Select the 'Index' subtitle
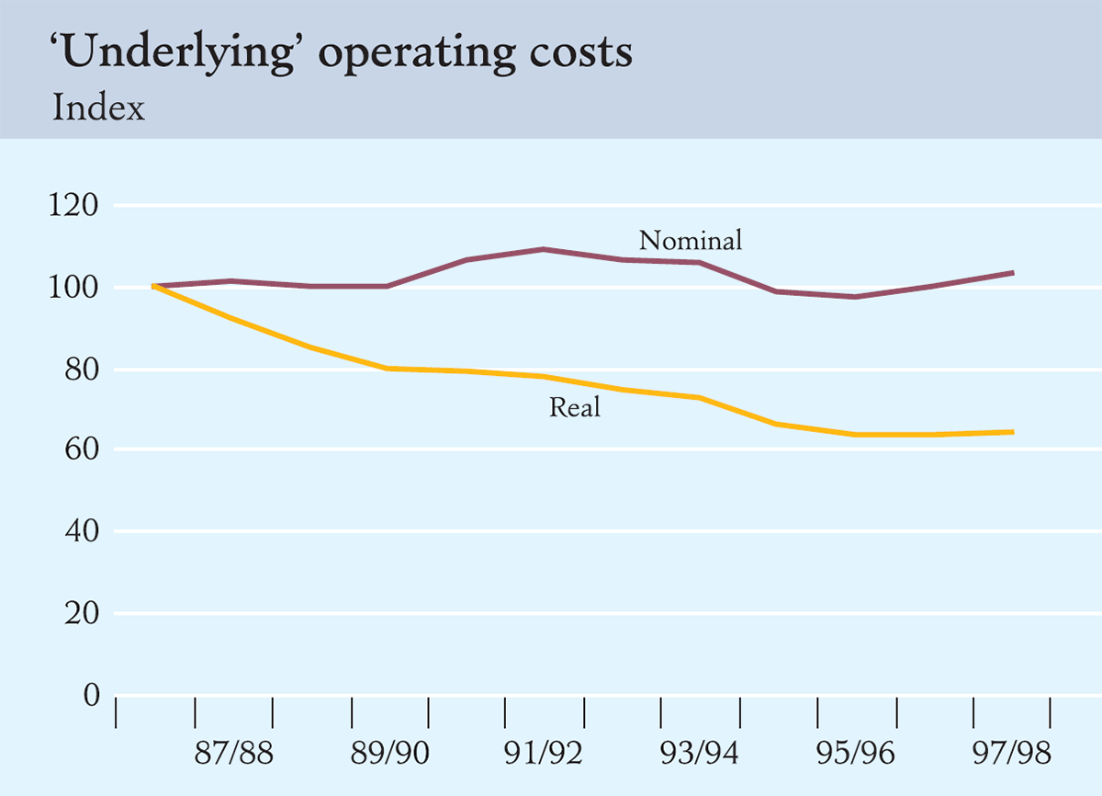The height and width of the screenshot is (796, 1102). (99, 108)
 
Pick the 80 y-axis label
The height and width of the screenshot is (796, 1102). (80, 370)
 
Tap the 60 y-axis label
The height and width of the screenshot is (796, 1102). (80, 450)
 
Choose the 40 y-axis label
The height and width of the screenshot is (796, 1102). (80, 531)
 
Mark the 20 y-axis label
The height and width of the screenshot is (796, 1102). (80, 613)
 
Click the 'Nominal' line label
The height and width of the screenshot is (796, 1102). (690, 241)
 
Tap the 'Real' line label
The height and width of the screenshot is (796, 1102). (575, 407)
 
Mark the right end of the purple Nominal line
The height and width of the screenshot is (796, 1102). (1012, 273)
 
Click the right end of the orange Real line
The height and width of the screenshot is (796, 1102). (1012, 432)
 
